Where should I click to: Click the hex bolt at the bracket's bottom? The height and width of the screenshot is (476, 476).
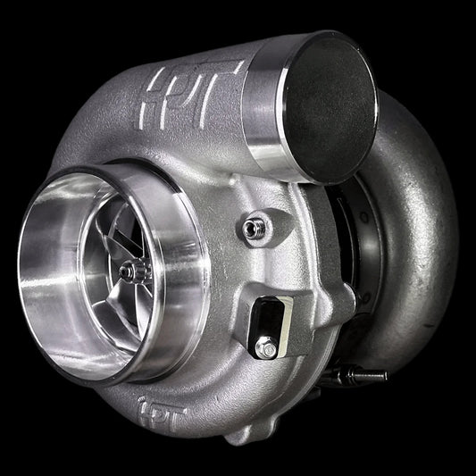263,347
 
